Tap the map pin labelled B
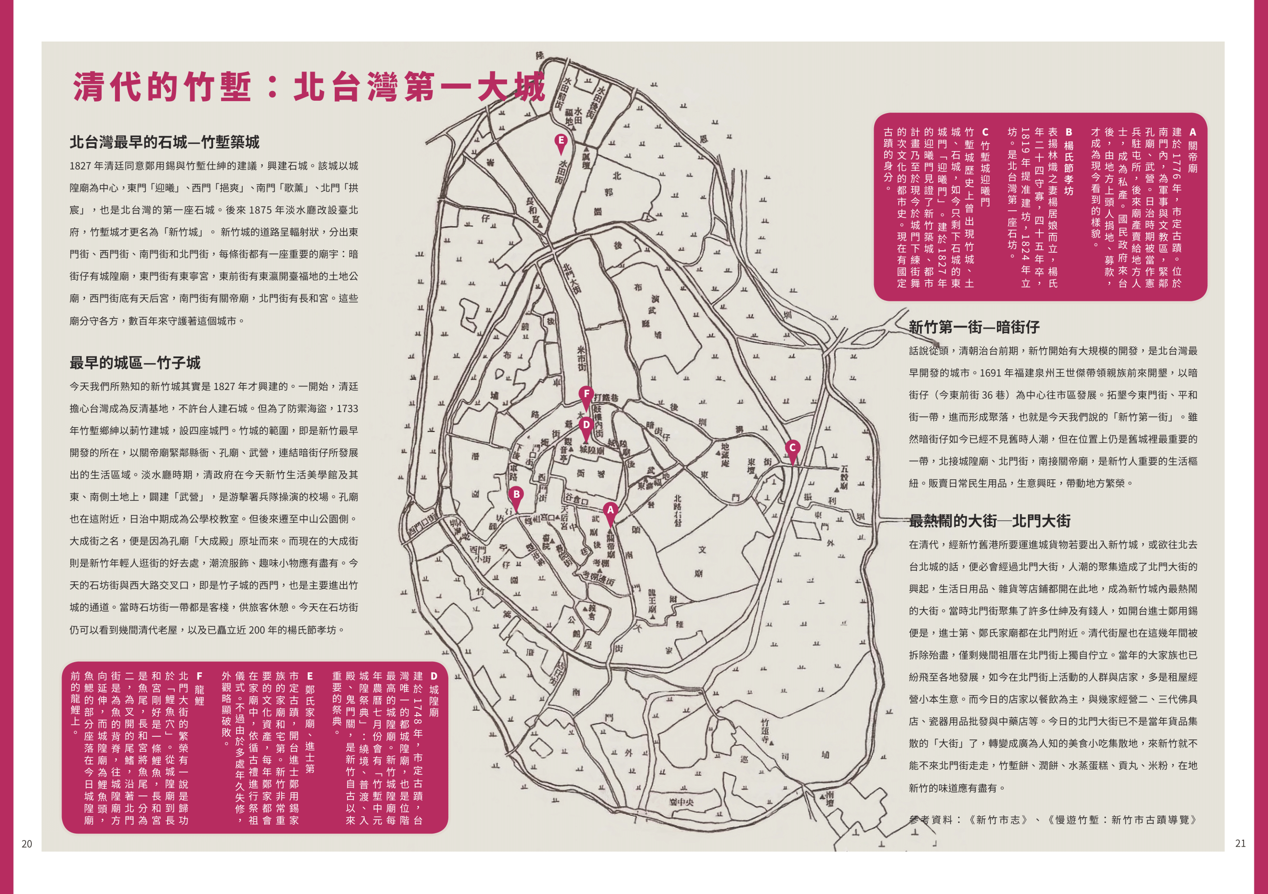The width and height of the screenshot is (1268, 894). pos(516,494)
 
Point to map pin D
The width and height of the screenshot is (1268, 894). pos(586,425)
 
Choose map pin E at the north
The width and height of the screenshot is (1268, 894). pos(561,141)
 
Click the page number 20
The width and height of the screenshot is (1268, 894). pos(27,843)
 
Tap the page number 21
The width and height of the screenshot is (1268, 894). pos(1240,843)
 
